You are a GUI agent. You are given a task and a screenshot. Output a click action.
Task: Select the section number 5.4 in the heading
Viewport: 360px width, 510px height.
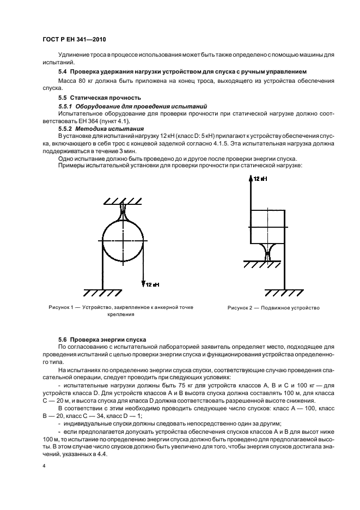pyautogui.click(x=63, y=72)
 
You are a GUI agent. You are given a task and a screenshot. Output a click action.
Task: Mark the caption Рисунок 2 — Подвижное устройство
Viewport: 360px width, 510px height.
pyautogui.click(x=273, y=308)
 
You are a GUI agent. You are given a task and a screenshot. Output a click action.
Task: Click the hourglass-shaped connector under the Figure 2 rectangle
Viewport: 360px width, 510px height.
pyautogui.click(x=267, y=252)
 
